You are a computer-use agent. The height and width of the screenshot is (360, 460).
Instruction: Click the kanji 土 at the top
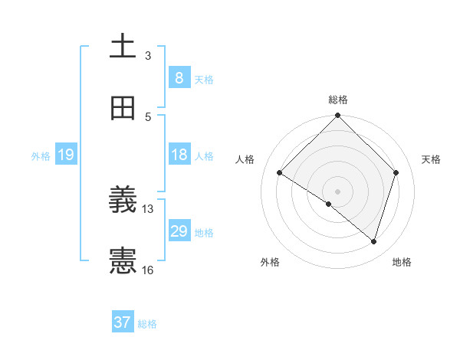click(x=123, y=47)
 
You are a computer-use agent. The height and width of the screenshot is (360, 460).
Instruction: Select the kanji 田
click(x=123, y=109)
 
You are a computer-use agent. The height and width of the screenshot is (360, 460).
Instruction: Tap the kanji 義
click(x=123, y=201)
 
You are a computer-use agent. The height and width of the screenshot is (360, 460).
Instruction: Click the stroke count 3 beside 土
click(x=148, y=56)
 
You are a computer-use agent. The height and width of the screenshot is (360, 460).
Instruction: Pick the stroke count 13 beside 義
click(x=148, y=208)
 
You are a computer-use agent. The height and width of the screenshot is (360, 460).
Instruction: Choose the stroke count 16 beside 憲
click(x=148, y=270)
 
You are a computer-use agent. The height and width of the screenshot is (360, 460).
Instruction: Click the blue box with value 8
click(x=179, y=78)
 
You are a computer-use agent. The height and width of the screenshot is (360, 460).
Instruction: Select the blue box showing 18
click(x=179, y=155)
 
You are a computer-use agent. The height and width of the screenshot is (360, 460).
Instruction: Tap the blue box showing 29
click(x=179, y=231)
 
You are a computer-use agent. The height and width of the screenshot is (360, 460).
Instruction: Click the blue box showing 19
click(x=65, y=155)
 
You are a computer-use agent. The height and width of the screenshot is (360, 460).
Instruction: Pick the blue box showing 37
click(x=123, y=322)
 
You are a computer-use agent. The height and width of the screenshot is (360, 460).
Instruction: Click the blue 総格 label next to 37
click(x=147, y=324)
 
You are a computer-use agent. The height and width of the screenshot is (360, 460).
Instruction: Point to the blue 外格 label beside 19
click(x=41, y=156)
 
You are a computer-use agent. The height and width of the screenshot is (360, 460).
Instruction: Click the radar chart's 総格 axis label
click(x=338, y=100)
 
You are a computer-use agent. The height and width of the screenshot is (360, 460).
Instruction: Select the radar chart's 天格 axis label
click(x=432, y=159)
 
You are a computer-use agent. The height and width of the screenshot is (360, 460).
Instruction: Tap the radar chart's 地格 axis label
click(x=402, y=262)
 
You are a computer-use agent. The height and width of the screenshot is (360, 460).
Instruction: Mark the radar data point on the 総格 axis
click(x=338, y=116)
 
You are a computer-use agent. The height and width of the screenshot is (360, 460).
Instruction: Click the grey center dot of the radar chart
click(x=338, y=191)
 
